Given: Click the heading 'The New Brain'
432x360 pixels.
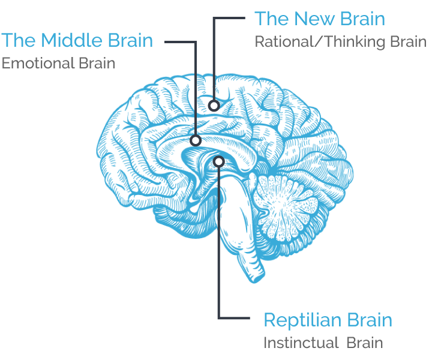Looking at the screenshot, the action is coord(320,19).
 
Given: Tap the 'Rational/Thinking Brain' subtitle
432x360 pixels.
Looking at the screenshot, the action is coord(341,42).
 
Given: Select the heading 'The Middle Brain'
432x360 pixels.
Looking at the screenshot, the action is coord(77,40).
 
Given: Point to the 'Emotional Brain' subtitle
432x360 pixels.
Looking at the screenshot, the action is coord(58,63).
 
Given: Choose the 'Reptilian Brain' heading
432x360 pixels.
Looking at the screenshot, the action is coord(328,320).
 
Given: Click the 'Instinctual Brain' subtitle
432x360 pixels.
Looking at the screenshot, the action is coord(323,343).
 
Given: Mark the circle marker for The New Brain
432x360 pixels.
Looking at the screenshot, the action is coord(214,106).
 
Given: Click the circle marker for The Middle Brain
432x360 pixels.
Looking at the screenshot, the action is coord(196,141).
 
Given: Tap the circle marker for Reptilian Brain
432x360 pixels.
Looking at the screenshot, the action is coord(219,161).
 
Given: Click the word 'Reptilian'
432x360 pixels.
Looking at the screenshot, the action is coord(302,320).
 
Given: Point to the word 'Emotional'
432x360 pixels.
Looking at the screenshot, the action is coord(38,63).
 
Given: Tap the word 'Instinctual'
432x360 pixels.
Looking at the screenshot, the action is coord(301,343).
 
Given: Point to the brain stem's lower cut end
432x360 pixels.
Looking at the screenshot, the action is coord(256,276).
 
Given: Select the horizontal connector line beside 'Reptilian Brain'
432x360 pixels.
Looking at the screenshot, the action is coord(234,318).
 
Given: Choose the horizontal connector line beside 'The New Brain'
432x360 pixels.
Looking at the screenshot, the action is coord(229,18).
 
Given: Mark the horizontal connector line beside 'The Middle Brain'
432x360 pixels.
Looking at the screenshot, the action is coord(181,42).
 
